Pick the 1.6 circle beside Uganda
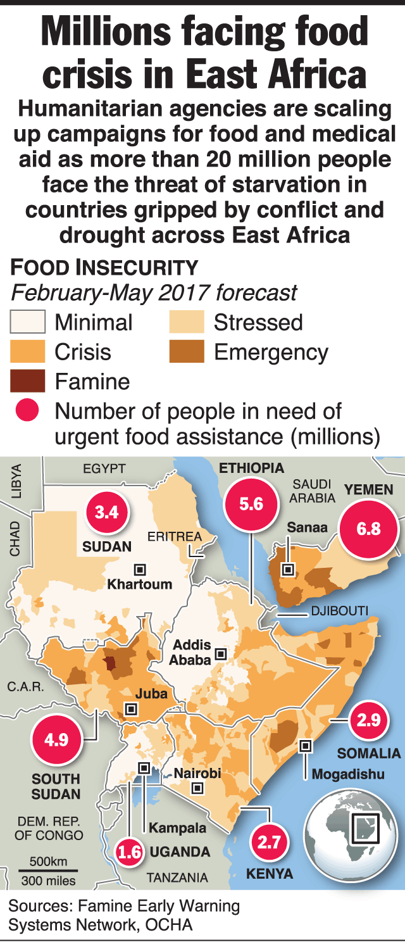click(x=129, y=853)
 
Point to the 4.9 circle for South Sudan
click(x=56, y=739)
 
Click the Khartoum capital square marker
click(x=140, y=568)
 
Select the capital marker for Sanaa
click(x=288, y=569)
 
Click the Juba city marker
click(x=131, y=709)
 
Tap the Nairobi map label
click(x=197, y=773)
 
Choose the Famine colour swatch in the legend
click(x=28, y=381)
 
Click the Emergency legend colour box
click(x=187, y=352)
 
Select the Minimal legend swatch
click(x=28, y=323)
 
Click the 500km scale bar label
click(x=48, y=862)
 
